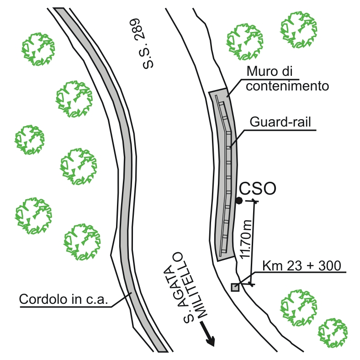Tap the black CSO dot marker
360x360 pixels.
tap(238, 201)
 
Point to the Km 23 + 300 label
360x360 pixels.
tap(302, 266)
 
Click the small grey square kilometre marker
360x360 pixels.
tap(235, 287)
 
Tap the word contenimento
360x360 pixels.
tap(287, 85)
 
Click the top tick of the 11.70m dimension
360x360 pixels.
tap(254, 201)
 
